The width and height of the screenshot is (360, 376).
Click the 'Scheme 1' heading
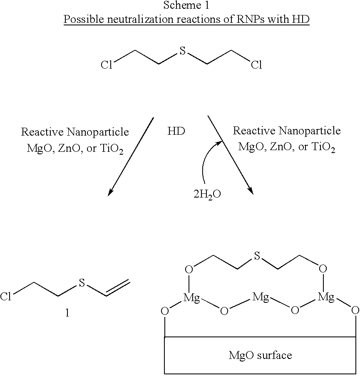186,5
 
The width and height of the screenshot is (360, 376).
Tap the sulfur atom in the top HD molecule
183,51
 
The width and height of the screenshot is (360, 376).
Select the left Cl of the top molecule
107,65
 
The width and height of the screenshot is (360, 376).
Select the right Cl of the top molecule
256,65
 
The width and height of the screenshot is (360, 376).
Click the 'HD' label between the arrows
176,131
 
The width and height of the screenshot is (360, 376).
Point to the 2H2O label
207,194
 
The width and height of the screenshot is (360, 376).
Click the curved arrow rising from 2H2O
209,161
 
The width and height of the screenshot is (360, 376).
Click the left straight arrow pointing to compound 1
131,156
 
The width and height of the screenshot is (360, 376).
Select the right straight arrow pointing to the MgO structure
231,155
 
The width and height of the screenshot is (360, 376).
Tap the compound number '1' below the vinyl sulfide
67,313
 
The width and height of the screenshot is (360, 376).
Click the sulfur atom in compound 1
82,283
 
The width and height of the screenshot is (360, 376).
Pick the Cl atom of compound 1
6,297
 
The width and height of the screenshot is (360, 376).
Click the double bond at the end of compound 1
118,288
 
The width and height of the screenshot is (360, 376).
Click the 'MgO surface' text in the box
260,355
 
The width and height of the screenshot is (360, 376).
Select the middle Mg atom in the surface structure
261,297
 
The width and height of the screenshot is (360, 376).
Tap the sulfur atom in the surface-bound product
257,256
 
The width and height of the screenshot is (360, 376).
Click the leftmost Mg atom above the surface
191,298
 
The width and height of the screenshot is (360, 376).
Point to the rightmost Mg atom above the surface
326,297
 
